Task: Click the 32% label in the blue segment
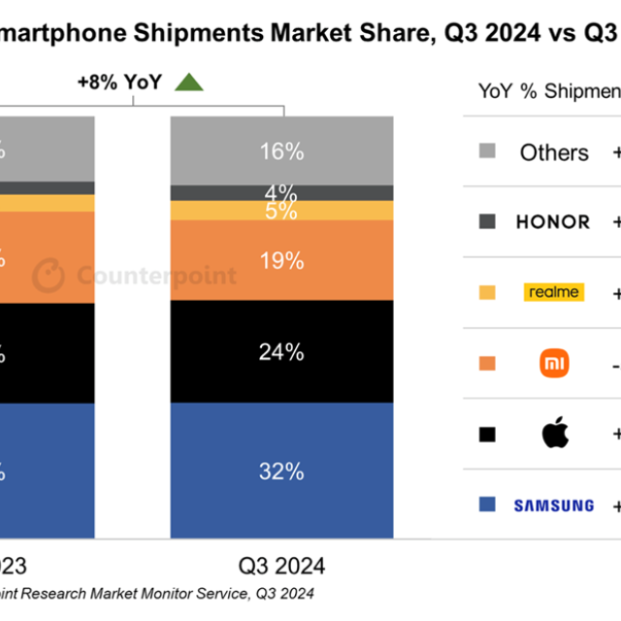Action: pyautogui.click(x=282, y=472)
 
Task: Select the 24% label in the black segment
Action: pyautogui.click(x=282, y=352)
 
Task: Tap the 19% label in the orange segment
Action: pyautogui.click(x=282, y=260)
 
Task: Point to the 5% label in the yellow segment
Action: pyautogui.click(x=282, y=211)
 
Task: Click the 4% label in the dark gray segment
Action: pyautogui.click(x=282, y=192)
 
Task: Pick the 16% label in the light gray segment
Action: pyautogui.click(x=282, y=151)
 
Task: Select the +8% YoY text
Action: pyautogui.click(x=119, y=83)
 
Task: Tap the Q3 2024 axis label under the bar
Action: pyautogui.click(x=282, y=565)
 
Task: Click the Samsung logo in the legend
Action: pyautogui.click(x=553, y=506)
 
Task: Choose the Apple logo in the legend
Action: pyautogui.click(x=554, y=434)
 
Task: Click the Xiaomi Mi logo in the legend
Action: pyautogui.click(x=554, y=364)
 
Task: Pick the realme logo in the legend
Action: pyautogui.click(x=554, y=292)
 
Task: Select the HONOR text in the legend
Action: pyautogui.click(x=552, y=222)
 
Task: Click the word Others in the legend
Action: pyautogui.click(x=554, y=152)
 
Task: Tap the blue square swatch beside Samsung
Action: pyautogui.click(x=487, y=505)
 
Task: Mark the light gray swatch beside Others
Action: pyautogui.click(x=487, y=151)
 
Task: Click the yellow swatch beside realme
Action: pyautogui.click(x=487, y=292)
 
